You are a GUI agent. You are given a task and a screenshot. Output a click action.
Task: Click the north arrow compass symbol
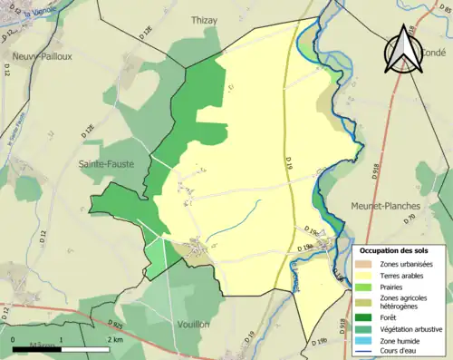pyautogui.click(x=401, y=53)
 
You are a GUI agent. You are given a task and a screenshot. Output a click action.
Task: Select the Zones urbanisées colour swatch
pyautogui.click(x=366, y=263)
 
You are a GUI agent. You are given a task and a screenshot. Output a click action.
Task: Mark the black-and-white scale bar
pyautogui.click(x=61, y=348)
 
